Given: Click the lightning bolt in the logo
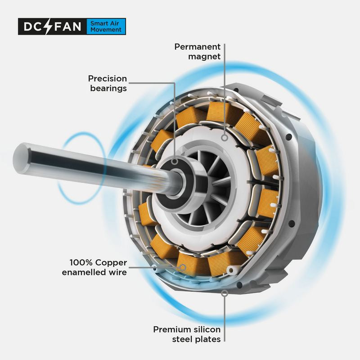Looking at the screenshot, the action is [x=49, y=27].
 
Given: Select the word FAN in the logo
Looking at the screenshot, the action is [x=67, y=27].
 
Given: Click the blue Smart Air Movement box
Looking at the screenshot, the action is [x=106, y=27].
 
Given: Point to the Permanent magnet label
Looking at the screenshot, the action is [x=198, y=51].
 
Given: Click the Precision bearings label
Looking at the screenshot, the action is [x=108, y=83].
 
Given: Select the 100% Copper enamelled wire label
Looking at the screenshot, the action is [x=94, y=267].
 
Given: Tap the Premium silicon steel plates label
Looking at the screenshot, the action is [x=187, y=334].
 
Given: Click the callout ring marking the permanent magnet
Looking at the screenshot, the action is [x=225, y=138].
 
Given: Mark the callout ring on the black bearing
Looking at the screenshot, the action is [x=175, y=162].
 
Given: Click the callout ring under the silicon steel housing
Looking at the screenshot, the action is [x=225, y=293].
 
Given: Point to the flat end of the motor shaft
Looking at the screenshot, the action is [x=22, y=159].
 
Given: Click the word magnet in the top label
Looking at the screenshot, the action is [x=204, y=57].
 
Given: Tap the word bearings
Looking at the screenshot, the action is [x=108, y=88].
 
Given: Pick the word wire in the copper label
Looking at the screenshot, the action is [x=118, y=272].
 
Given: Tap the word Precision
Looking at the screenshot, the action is [x=108, y=78].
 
